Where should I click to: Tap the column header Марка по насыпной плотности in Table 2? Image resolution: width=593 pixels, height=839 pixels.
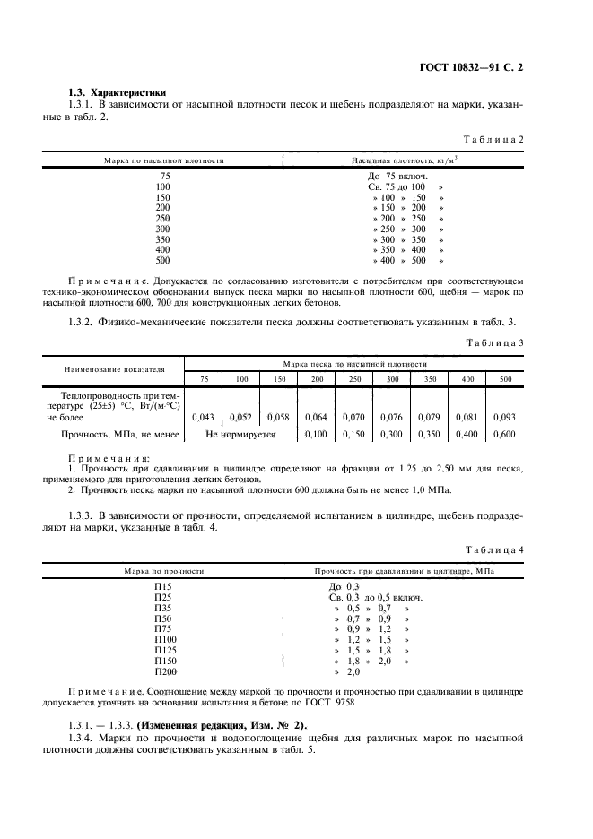tap(163, 160)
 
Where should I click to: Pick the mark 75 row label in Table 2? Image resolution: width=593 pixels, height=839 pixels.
tap(164, 176)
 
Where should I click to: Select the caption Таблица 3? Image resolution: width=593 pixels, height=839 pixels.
tap(493, 342)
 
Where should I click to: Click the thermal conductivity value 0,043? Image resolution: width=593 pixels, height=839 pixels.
tap(205, 417)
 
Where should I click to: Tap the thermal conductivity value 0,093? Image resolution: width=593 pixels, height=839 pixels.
tap(505, 417)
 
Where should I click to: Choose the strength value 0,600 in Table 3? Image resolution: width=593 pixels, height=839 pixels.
tap(505, 434)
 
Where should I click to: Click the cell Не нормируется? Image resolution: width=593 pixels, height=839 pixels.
tap(240, 434)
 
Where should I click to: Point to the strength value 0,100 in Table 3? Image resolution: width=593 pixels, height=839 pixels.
tap(317, 434)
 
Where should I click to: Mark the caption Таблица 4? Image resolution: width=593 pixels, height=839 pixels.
tap(493, 549)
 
